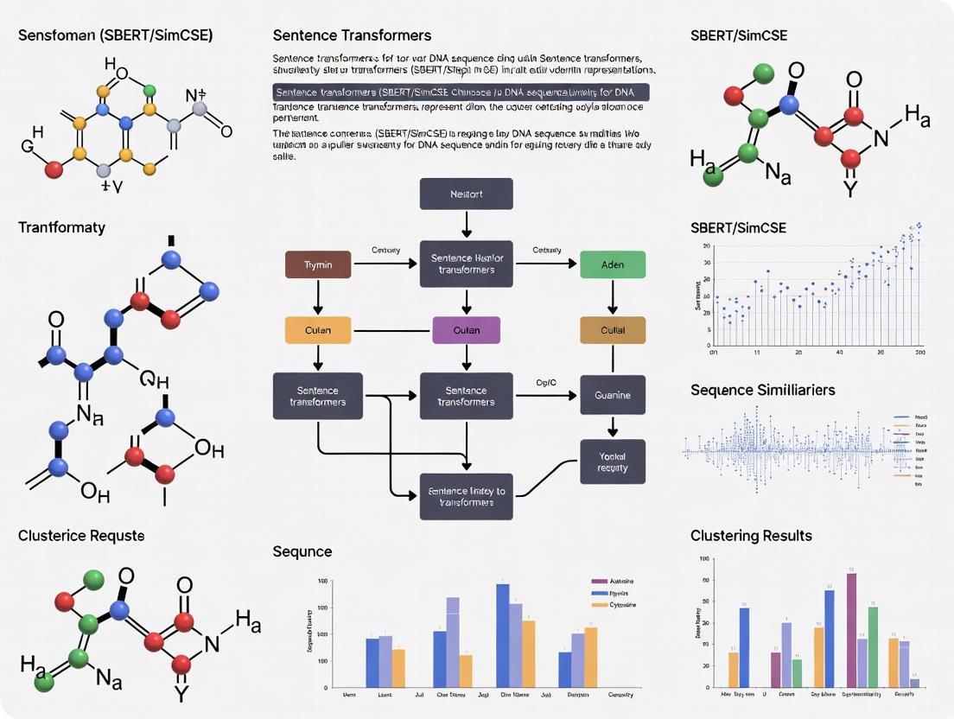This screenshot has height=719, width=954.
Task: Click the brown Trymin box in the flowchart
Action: click(318, 264)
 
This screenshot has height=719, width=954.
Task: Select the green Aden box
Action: click(613, 264)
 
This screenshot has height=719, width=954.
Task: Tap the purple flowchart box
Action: click(467, 329)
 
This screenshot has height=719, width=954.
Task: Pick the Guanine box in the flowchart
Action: click(613, 395)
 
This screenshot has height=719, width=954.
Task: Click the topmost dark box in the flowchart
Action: click(467, 194)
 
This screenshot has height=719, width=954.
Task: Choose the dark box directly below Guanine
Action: click(613, 461)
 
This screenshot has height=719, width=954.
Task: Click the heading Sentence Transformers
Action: click(352, 35)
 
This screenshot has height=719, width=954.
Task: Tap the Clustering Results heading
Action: click(751, 536)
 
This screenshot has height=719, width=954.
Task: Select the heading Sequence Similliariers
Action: click(762, 390)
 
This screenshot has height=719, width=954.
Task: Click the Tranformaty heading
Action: click(61, 227)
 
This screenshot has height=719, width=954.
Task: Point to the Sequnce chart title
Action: click(302, 551)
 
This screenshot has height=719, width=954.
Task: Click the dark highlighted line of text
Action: click(461, 92)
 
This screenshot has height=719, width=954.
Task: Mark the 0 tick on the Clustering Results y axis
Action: click(706, 688)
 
